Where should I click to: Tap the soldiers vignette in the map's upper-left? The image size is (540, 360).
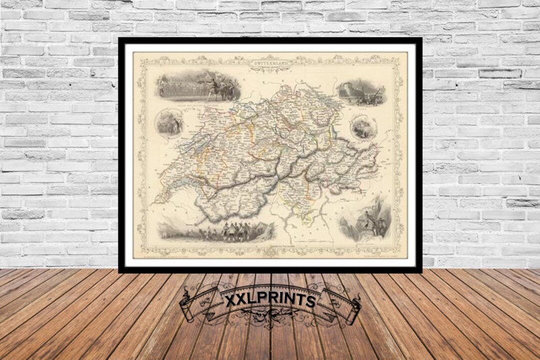(198, 86)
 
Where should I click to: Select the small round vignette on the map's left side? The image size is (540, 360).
(168, 123)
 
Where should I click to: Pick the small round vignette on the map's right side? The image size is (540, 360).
(363, 127)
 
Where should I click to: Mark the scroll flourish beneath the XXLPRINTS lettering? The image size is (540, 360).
(270, 316)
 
